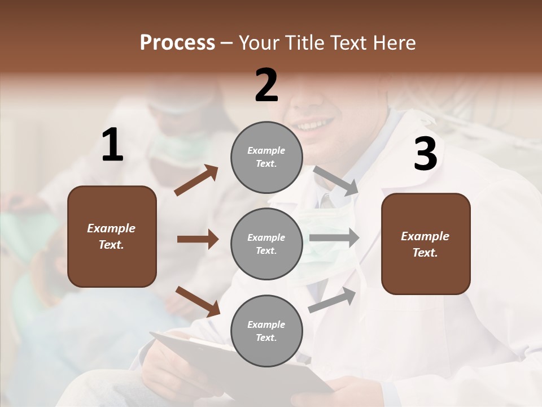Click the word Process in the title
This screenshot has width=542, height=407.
coord(177,43)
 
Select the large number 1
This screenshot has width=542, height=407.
coord(112,145)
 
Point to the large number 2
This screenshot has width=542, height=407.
coord(266,85)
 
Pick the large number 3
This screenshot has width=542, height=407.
coord(425,154)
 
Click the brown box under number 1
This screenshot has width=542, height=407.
coord(112,236)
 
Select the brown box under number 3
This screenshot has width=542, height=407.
coord(426,244)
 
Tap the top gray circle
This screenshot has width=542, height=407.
coord(266,157)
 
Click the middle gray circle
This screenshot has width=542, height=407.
coord(266,244)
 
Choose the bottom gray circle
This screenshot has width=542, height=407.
coord(266,331)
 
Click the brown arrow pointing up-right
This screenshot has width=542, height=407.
coord(196,180)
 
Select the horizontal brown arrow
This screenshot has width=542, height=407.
coord(198,239)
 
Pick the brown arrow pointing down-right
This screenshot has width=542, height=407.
coord(198,301)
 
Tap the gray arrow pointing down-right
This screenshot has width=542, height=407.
coord(336,180)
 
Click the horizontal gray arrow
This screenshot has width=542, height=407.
coord(334,237)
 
